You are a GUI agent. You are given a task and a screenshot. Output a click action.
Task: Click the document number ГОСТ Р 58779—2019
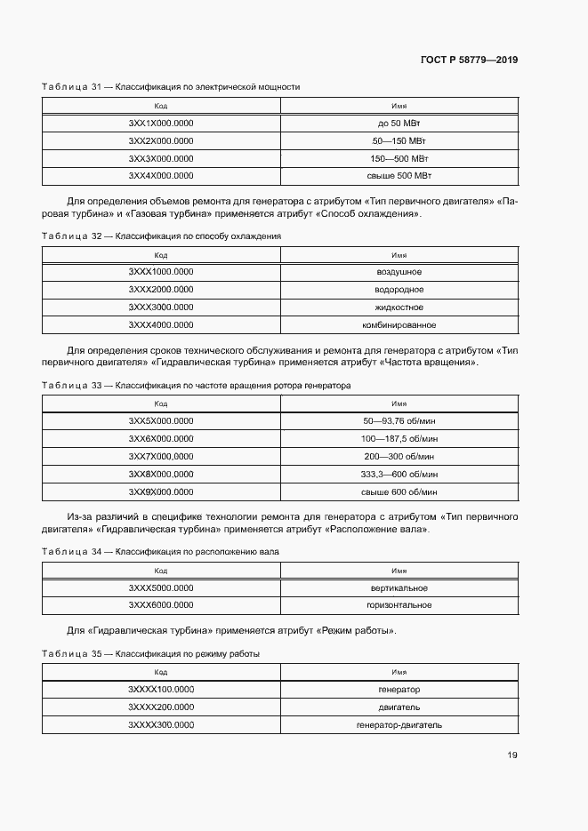pyautogui.click(x=469, y=60)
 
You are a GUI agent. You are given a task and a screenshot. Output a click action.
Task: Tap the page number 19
pyautogui.click(x=512, y=755)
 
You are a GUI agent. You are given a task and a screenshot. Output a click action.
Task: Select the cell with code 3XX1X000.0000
pyautogui.click(x=161, y=124)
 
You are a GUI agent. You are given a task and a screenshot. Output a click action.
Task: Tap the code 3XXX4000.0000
pyautogui.click(x=161, y=324)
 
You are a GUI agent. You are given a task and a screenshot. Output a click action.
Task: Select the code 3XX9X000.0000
pyautogui.click(x=161, y=491)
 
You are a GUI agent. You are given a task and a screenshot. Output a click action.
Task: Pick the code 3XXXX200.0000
pyautogui.click(x=161, y=707)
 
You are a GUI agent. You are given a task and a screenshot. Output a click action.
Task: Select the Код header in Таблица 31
pyautogui.click(x=161, y=105)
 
